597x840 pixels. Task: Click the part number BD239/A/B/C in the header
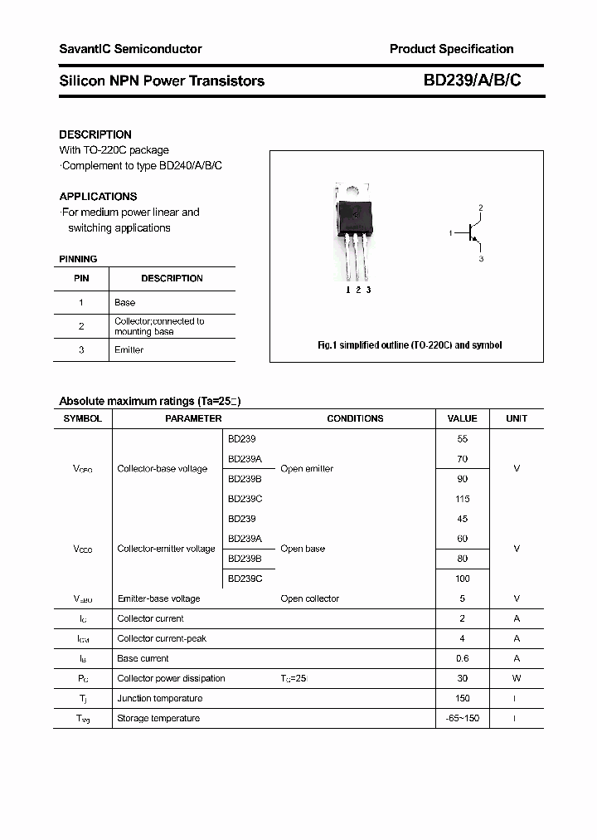pyautogui.click(x=472, y=81)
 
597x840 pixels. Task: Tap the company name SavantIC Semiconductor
pyautogui.click(x=130, y=49)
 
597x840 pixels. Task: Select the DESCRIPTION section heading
pyautogui.click(x=95, y=134)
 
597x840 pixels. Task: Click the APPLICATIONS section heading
pyautogui.click(x=98, y=197)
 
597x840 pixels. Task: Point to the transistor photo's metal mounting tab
pyautogui.click(x=354, y=193)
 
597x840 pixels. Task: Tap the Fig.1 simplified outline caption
pyautogui.click(x=410, y=344)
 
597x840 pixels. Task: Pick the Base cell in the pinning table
pyautogui.click(x=124, y=303)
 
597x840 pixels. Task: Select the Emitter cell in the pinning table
pyautogui.click(x=129, y=350)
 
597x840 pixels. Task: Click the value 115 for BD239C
pyautogui.click(x=462, y=499)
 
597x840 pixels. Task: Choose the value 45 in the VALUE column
pyautogui.click(x=462, y=519)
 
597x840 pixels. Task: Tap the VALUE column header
pyautogui.click(x=462, y=419)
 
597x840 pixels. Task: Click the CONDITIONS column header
pyautogui.click(x=355, y=419)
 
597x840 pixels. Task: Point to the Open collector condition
pyautogui.click(x=309, y=598)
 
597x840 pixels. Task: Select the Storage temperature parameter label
pyautogui.click(x=158, y=718)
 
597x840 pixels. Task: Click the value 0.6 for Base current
pyautogui.click(x=462, y=658)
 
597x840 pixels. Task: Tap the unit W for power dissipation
pyautogui.click(x=517, y=678)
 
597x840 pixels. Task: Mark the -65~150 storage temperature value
pyautogui.click(x=462, y=718)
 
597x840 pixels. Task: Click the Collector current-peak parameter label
pyautogui.click(x=162, y=638)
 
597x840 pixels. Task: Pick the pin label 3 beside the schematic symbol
pyautogui.click(x=480, y=260)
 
